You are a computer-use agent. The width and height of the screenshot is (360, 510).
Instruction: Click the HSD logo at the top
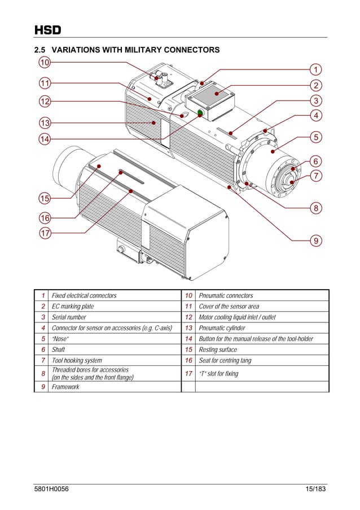47,30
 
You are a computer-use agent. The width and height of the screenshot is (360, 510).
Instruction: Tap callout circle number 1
316,69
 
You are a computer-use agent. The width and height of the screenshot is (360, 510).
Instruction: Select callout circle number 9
316,241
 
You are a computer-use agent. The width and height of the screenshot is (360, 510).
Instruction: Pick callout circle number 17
44,233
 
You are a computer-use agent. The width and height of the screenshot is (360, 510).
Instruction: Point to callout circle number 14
44,138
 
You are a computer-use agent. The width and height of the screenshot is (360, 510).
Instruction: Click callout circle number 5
316,137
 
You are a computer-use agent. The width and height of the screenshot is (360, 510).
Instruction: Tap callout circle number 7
316,176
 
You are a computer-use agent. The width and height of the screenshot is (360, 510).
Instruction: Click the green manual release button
200,114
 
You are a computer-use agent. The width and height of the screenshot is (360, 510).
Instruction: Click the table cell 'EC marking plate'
73,306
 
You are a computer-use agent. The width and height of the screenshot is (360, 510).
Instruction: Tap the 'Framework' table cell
65,387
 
